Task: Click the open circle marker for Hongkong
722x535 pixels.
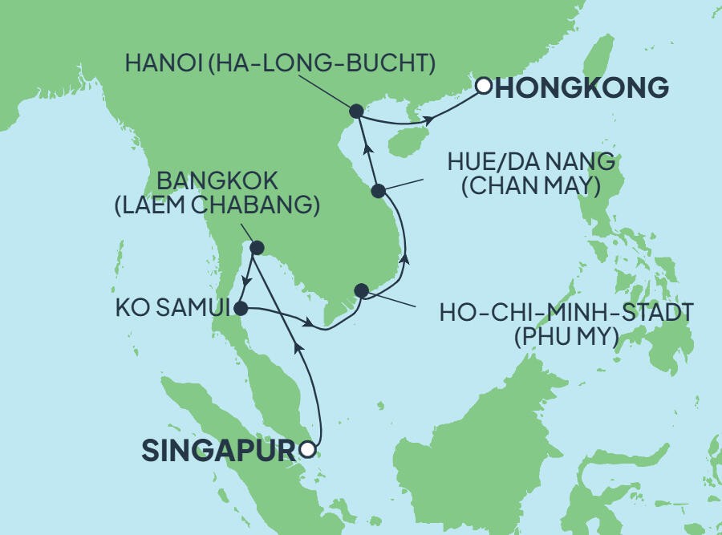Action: click(483, 86)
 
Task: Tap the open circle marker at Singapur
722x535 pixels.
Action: click(306, 451)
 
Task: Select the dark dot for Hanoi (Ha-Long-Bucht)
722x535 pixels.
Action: click(356, 111)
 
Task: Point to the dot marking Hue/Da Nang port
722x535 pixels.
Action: click(379, 192)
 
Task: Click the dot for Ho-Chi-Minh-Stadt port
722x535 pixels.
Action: click(362, 290)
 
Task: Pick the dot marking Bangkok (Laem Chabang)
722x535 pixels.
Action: click(257, 247)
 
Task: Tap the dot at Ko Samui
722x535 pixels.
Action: click(241, 306)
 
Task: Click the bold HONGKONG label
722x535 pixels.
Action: click(582, 87)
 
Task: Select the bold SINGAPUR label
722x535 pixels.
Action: click(218, 452)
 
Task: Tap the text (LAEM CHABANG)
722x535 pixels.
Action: click(217, 206)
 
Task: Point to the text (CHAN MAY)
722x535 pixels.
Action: click(531, 188)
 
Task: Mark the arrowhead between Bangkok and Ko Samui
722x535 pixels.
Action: click(248, 282)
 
